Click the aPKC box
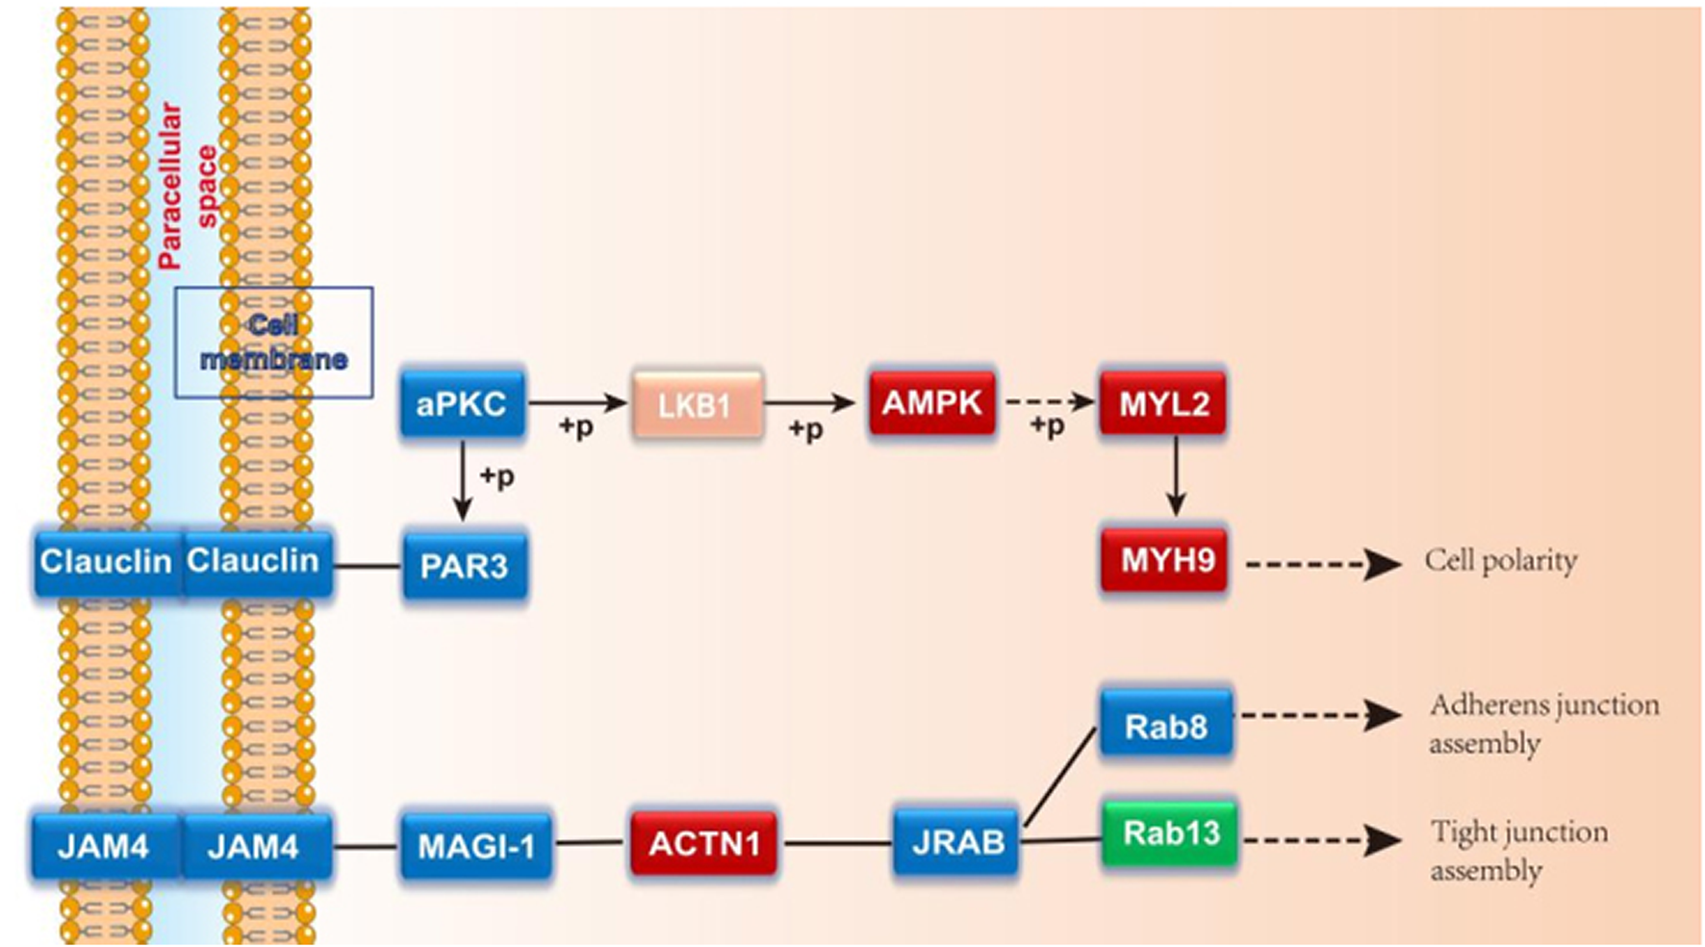coord(462,403)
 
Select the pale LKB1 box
coord(697,404)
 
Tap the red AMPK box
coord(931,402)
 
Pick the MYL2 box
coord(1163,403)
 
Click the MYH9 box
coord(1165,560)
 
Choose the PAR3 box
coord(464,565)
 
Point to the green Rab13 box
coord(1169,832)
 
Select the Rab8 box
coord(1165,726)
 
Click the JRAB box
coord(955,842)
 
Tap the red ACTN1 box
coord(703,844)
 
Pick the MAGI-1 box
coord(475,846)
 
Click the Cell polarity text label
coord(1500,561)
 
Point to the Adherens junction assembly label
coord(1542,724)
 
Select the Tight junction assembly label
coord(1517,850)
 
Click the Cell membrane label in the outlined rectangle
coord(273,342)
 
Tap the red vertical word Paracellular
coord(169,186)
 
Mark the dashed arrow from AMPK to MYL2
coord(1049,401)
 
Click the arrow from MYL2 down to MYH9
coord(1175,476)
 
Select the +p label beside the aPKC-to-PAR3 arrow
coord(496,475)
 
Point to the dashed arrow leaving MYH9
coord(1322,564)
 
